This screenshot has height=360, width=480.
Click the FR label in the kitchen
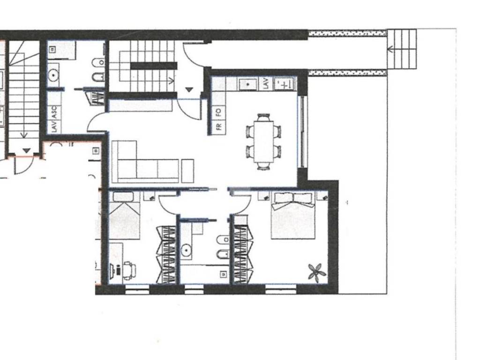pos(218,127)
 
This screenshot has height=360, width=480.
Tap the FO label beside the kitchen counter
pos(218,112)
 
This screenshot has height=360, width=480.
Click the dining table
pos(263,142)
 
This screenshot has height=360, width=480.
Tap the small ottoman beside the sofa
pos(187,170)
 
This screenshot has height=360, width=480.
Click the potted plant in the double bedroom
pos(316,271)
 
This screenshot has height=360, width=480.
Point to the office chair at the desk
pos(129,270)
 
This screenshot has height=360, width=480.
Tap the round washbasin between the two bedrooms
pos(187,251)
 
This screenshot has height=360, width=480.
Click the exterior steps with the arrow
pos(402,49)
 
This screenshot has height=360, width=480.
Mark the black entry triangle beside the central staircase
pos(189,89)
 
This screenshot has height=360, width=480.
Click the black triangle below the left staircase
pos(27,150)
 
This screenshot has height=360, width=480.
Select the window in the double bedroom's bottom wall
pos(280,289)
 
